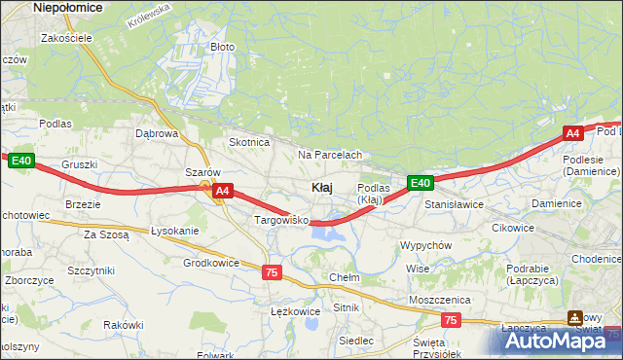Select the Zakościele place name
click(66, 38)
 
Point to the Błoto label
click(223, 47)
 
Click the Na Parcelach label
click(330, 155)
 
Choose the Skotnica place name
click(248, 142)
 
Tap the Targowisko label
click(281, 221)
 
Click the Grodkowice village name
click(211, 263)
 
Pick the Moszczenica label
click(440, 300)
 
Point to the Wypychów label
click(425, 245)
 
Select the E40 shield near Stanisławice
click(420, 183)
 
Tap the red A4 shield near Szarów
click(223, 192)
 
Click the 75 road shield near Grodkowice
click(272, 273)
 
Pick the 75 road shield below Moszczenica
click(450, 319)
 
